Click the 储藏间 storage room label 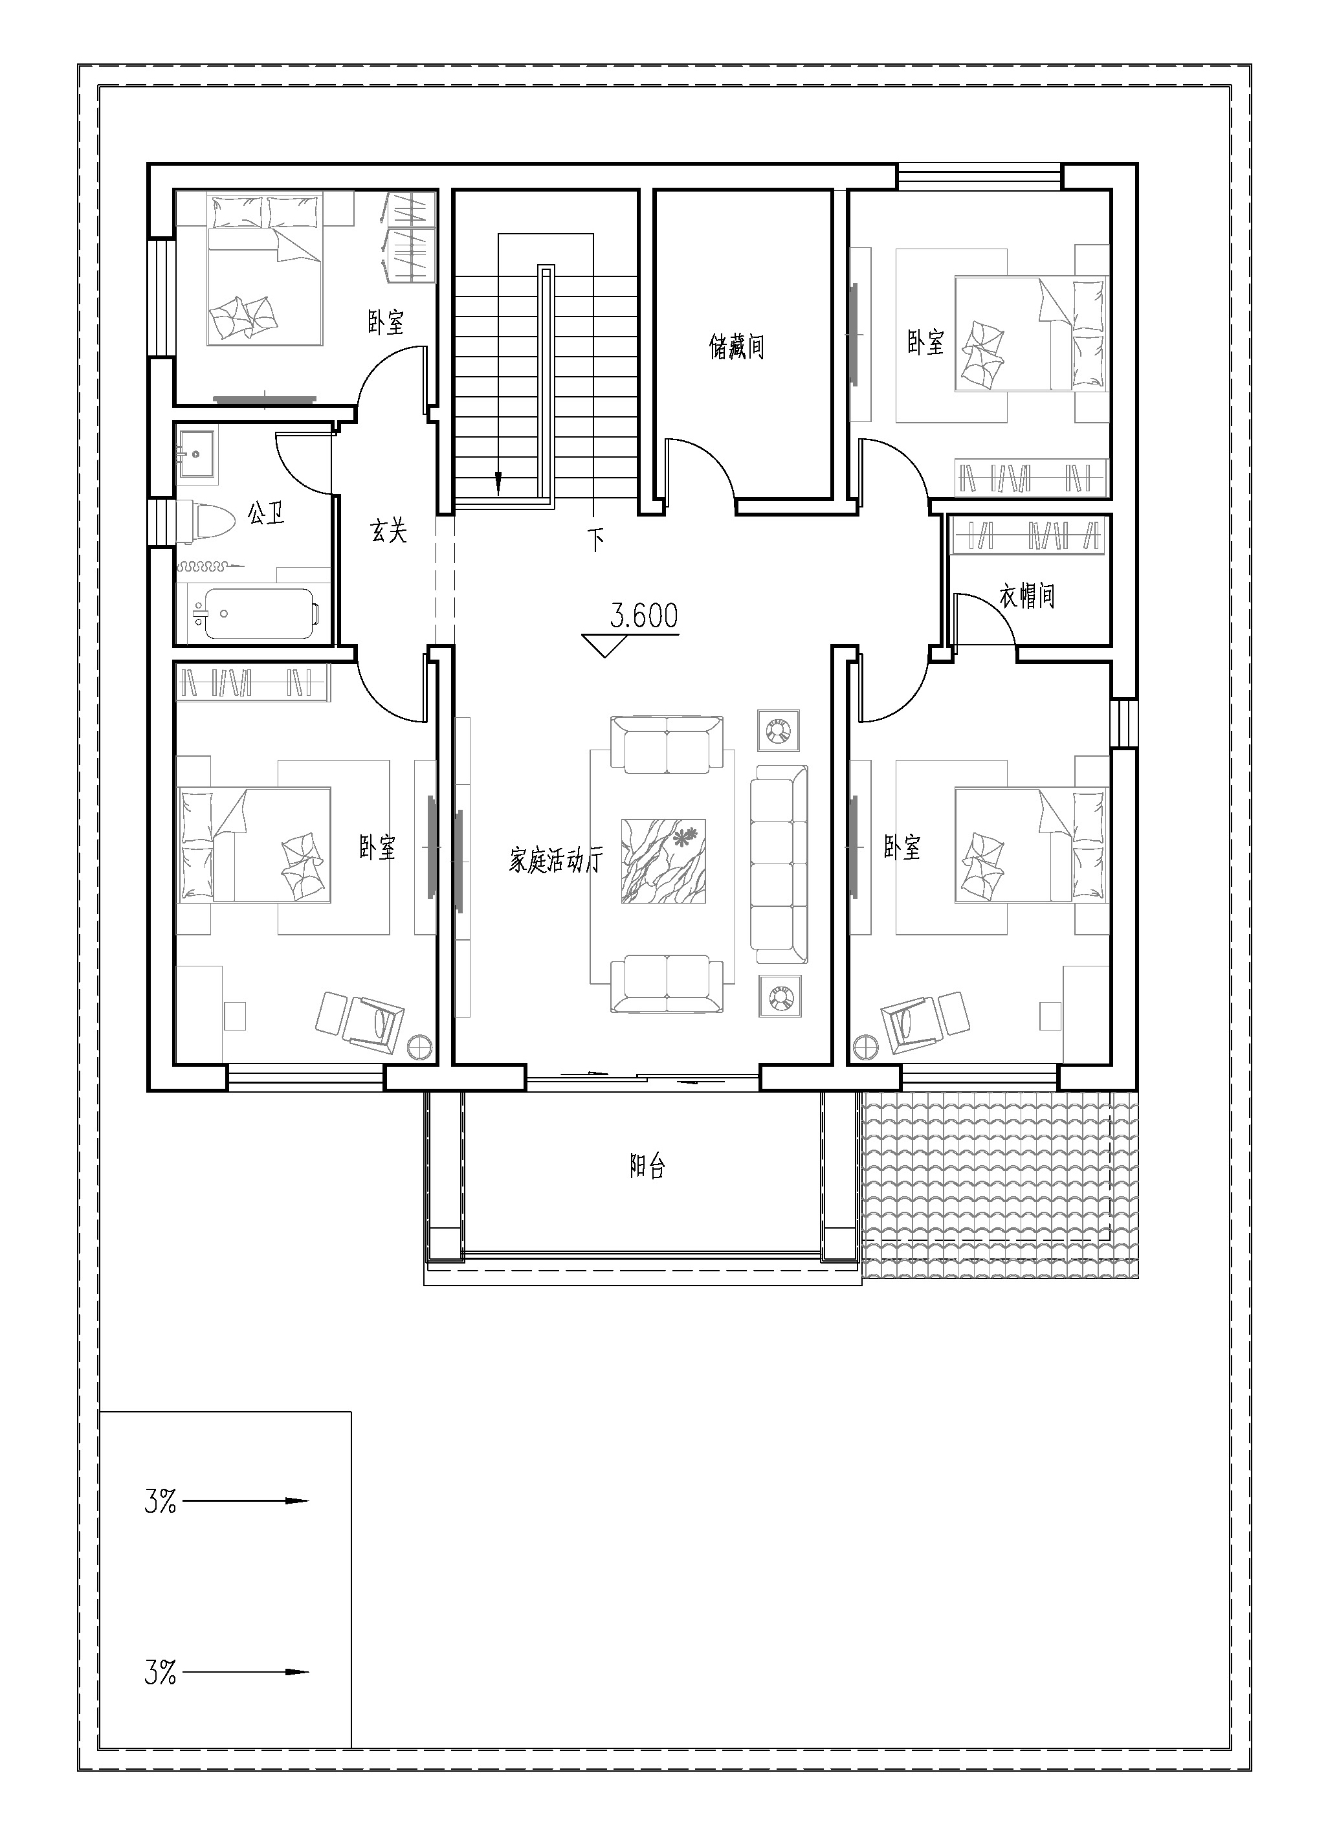pos(736,347)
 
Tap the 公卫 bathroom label pos(266,513)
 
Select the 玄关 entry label pos(388,531)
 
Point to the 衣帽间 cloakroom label pos(1027,596)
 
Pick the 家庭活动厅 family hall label pos(556,860)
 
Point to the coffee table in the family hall pos(663,860)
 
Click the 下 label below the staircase pos(597,539)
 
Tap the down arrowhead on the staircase pos(498,484)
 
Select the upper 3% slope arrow pos(247,1501)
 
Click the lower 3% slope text pos(160,1672)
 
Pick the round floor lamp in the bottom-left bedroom pos(421,1047)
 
